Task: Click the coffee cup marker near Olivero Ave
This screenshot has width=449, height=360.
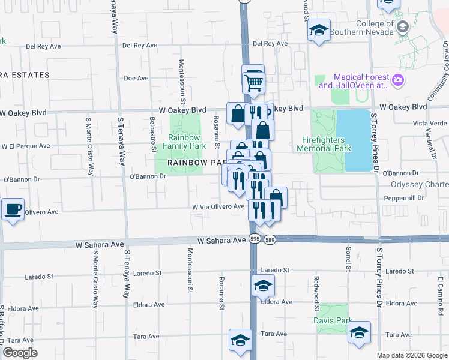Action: coord(13,209)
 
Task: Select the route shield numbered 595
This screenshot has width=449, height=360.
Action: coord(255,239)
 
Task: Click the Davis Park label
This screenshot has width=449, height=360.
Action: coord(332,320)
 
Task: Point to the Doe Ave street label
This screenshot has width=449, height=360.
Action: coord(136,78)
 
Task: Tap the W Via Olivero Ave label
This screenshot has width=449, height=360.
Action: coord(218,206)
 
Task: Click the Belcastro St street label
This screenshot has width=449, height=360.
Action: coord(152,134)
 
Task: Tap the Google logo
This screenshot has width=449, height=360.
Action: coord(19,353)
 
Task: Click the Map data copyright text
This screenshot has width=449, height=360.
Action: coord(412,355)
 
